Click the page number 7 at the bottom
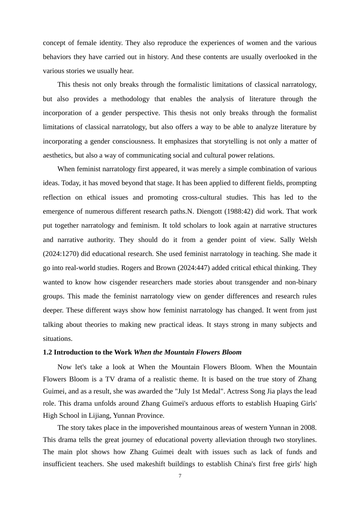tap(180, 476)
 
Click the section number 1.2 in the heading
tap(47, 352)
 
